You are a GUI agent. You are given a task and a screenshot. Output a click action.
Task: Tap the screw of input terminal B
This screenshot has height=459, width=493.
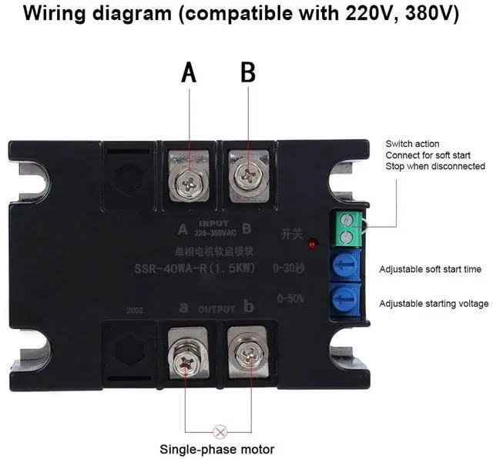point(249,176)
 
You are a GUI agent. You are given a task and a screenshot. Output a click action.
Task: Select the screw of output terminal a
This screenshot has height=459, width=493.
point(189,351)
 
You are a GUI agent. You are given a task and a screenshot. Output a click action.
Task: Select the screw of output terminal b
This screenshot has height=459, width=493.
point(249,353)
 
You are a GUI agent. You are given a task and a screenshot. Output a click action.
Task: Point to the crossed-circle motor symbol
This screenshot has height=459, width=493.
point(219,431)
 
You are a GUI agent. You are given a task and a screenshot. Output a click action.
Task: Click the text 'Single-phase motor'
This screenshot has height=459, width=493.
point(216,449)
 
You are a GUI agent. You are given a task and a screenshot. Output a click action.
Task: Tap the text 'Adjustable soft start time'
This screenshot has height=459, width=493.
point(430,269)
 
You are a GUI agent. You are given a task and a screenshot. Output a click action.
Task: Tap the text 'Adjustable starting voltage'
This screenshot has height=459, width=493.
point(434,304)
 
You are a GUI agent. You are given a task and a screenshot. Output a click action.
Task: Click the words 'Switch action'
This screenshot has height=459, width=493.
point(413,144)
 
